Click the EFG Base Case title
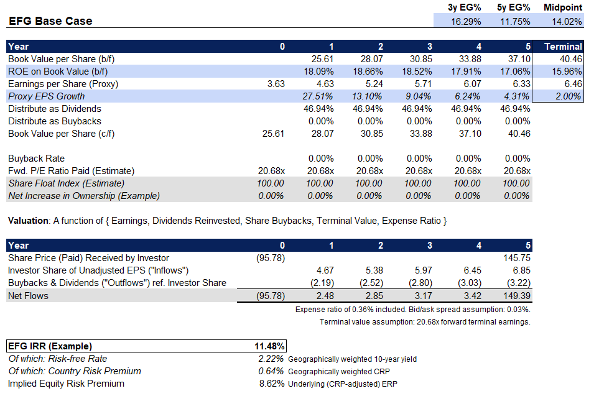[50, 21]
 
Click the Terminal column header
[563, 47]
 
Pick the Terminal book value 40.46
[569, 59]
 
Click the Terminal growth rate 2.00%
[568, 96]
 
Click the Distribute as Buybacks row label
[55, 121]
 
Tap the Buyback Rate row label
[36, 159]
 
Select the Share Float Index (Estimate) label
[66, 183]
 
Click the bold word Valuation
[27, 221]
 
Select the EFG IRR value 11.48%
[271, 346]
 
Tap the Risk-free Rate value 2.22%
[271, 359]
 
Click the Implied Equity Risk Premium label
[66, 384]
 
